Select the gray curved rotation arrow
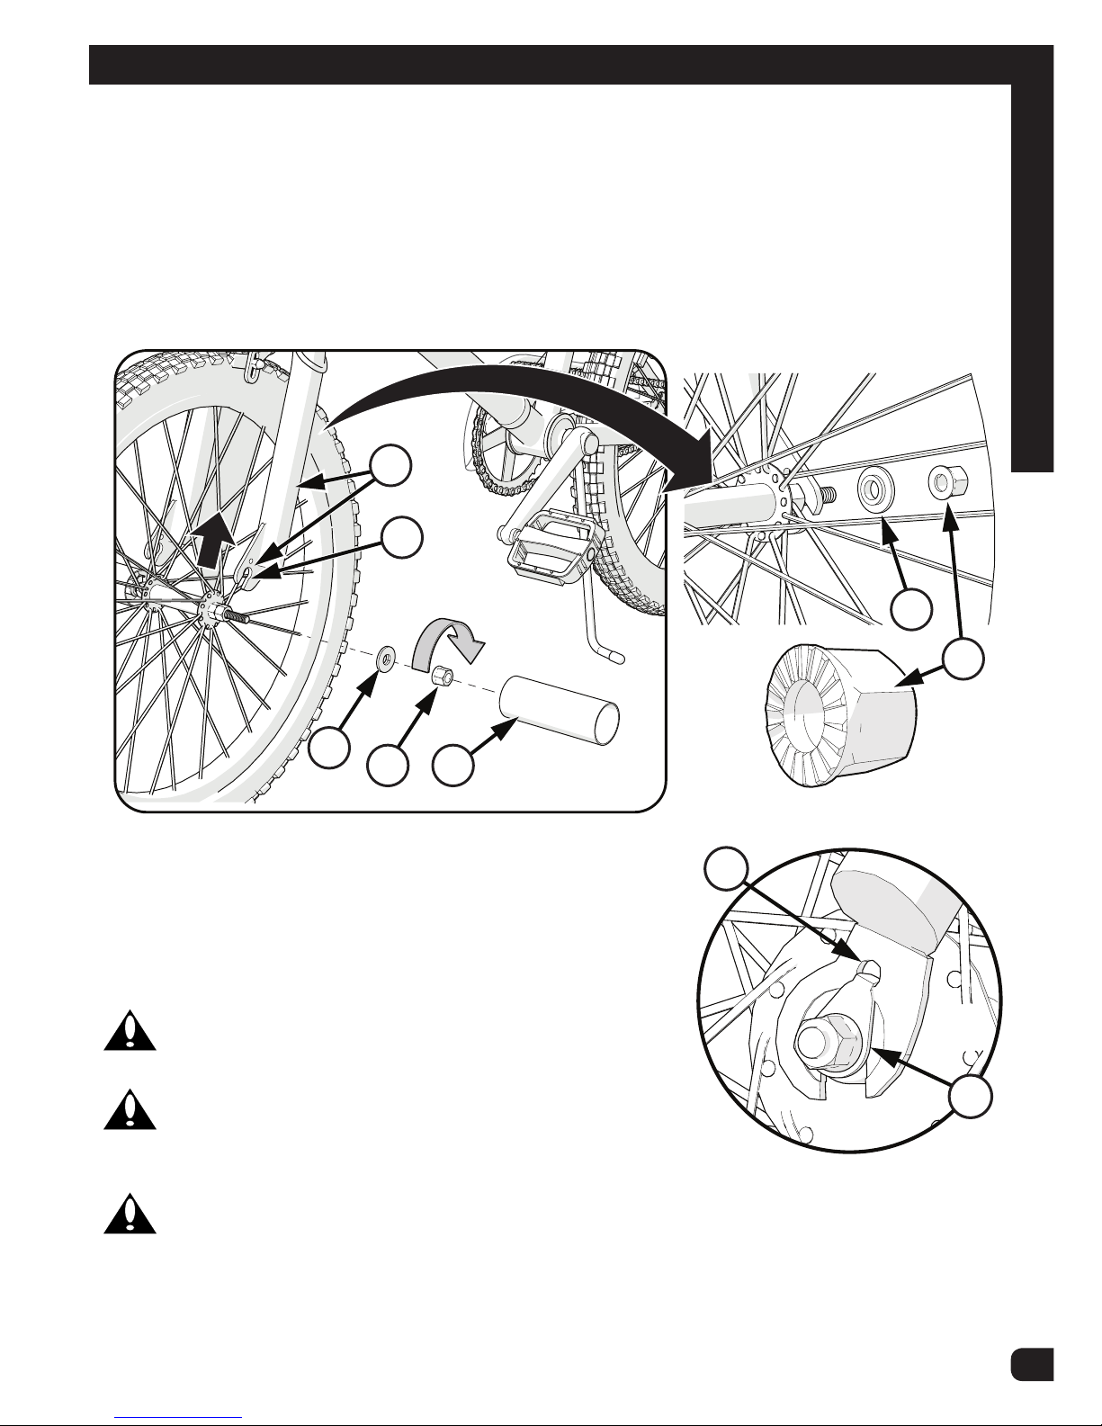(450, 641)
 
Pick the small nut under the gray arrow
(441, 677)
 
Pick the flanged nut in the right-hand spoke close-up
(946, 484)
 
